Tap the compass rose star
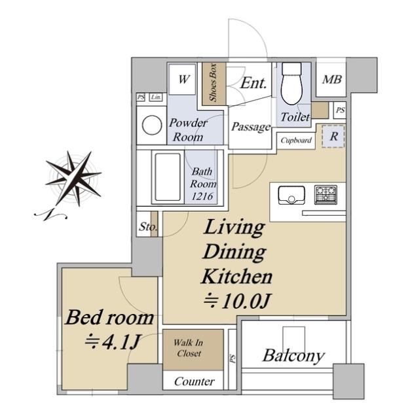click(73, 177)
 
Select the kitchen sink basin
click(291, 195)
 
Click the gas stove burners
click(326, 195)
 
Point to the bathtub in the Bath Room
click(168, 177)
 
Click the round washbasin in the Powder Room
click(152, 125)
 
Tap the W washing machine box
click(182, 79)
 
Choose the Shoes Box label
click(213, 83)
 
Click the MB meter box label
click(332, 79)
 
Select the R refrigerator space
click(334, 136)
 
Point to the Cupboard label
click(296, 141)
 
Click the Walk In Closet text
click(189, 348)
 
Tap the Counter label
click(195, 381)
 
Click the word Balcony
click(293, 356)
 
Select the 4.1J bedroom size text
click(113, 342)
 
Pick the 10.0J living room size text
click(237, 301)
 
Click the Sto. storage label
click(148, 227)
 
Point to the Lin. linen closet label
click(156, 97)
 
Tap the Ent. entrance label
click(253, 83)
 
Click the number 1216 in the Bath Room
click(202, 196)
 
